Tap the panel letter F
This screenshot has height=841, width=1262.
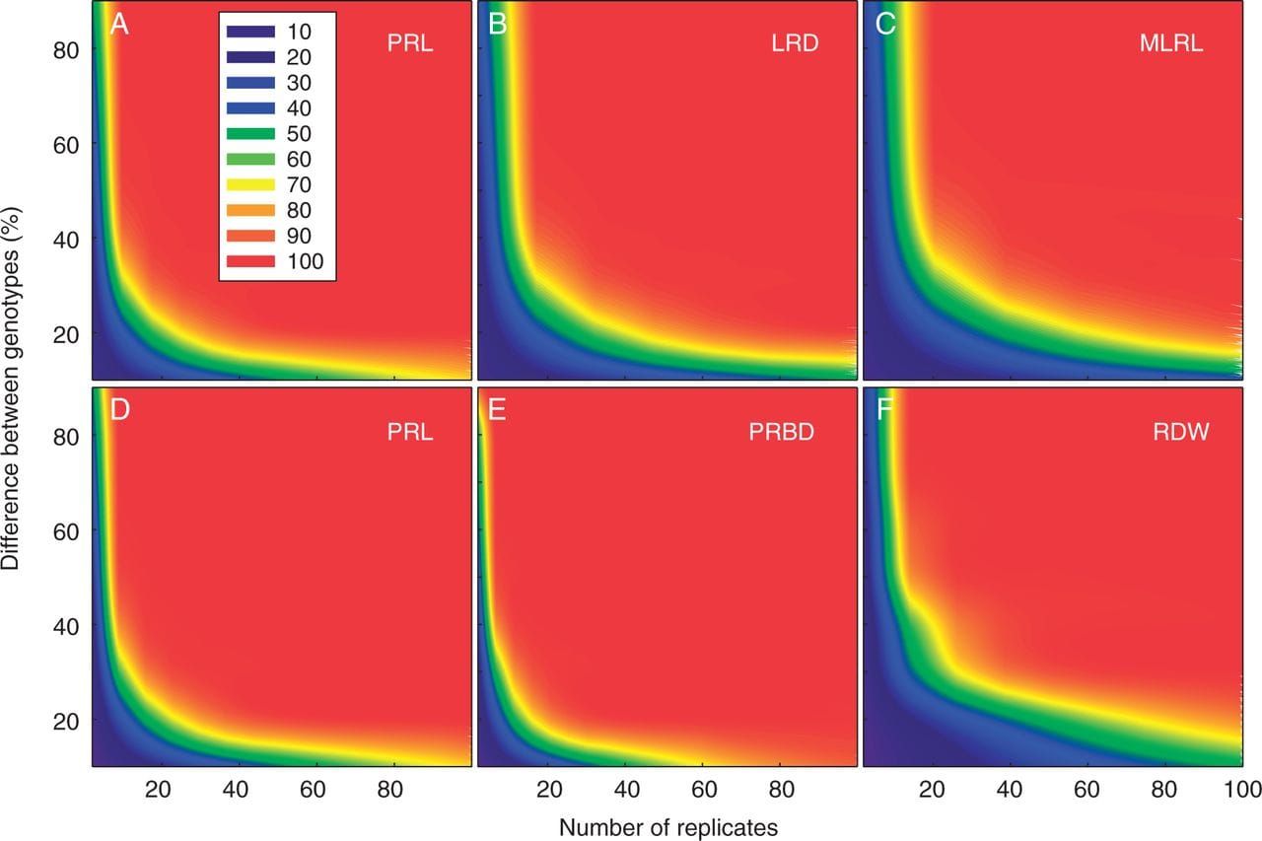coord(884,409)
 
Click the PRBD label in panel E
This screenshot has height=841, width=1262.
coord(780,431)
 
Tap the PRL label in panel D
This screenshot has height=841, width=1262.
coord(409,431)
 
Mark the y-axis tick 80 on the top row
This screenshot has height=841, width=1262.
coord(66,48)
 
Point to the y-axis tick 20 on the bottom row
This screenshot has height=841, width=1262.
coord(66,721)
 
